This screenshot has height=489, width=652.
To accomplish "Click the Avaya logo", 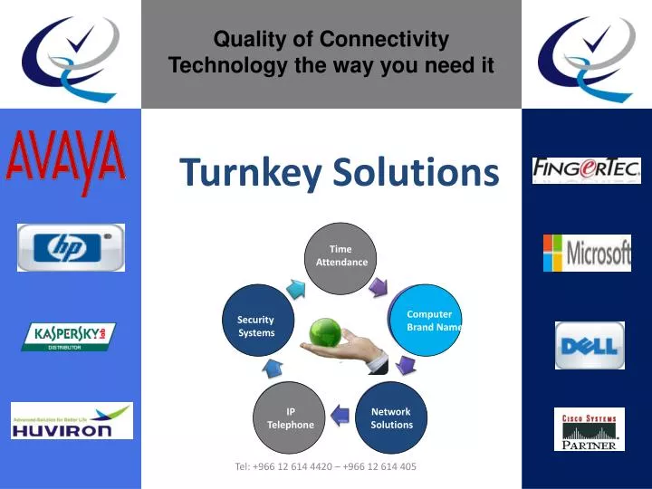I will [66, 164].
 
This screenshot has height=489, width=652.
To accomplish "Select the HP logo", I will [71, 246].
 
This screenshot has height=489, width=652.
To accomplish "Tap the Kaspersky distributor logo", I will [69, 336].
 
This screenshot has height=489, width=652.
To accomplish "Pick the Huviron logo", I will [72, 421].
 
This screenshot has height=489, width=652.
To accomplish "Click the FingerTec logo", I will [586, 169].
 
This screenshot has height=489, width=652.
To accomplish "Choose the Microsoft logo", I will [587, 253].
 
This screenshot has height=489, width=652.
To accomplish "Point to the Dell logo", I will [590, 345].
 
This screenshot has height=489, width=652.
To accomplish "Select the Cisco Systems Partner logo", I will [589, 429].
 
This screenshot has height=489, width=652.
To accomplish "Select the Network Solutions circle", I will [391, 417].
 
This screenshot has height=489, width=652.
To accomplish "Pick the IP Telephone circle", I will [290, 417].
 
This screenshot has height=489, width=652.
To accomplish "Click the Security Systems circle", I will [258, 325].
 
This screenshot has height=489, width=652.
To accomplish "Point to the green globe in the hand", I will [325, 331].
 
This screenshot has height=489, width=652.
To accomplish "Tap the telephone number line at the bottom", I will [326, 466].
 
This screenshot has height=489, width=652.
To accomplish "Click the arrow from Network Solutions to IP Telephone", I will [340, 415].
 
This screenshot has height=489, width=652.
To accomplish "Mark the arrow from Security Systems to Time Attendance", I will [296, 287].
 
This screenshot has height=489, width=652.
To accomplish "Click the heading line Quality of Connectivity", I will [331, 39].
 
